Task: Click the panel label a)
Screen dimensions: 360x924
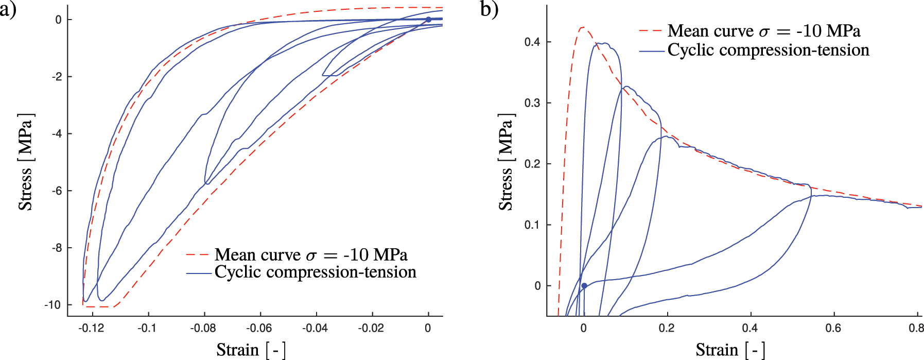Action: tap(8, 9)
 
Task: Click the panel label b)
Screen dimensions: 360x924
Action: tap(489, 9)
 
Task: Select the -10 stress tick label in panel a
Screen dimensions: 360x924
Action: tap(53, 305)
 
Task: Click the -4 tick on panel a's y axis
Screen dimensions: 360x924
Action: tap(57, 134)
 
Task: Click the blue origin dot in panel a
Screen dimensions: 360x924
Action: tap(428, 20)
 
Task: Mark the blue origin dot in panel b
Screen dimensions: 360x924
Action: tap(584, 285)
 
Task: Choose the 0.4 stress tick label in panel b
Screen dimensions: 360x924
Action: tap(532, 42)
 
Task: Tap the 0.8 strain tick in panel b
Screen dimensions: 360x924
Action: tap(917, 328)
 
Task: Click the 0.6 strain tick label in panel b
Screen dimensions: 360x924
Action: tap(833, 328)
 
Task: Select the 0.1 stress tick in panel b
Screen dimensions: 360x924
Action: tap(532, 225)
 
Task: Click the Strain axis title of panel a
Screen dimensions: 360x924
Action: tap(251, 350)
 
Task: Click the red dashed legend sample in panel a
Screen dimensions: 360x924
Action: tap(198, 254)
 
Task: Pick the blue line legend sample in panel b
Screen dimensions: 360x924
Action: tap(651, 51)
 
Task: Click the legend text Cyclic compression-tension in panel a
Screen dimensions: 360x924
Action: tap(315, 272)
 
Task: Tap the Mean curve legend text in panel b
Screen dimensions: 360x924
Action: tap(763, 31)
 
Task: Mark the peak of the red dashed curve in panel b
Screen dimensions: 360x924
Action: tap(582, 27)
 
